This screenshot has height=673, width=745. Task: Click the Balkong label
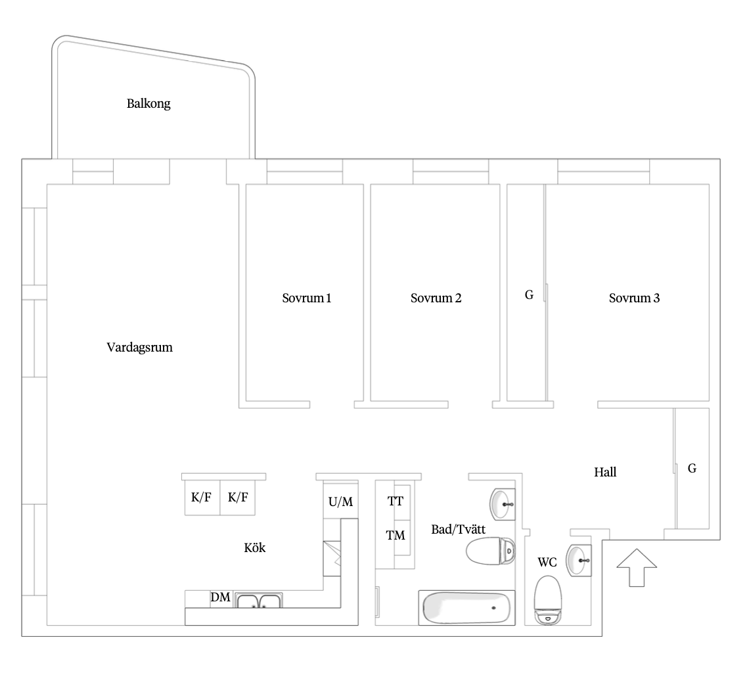pos(148,104)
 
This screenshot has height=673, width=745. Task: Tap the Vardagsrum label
pos(140,348)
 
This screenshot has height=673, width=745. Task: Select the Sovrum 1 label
pos(306,298)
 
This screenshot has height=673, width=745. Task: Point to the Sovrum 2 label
pos(436,298)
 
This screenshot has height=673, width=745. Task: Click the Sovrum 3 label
pos(634,298)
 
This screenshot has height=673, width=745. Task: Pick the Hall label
pos(605,472)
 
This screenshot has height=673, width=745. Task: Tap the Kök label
pos(255,547)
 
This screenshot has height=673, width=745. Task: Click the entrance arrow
pos(637,567)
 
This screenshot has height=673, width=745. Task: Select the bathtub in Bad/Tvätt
pos(467,608)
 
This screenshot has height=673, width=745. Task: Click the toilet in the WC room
pos(548,600)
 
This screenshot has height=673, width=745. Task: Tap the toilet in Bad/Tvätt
pos(490,551)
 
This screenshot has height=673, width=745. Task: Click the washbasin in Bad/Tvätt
pos(502,504)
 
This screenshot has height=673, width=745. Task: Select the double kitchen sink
pos(259,600)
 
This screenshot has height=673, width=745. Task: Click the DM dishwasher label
pos(221,597)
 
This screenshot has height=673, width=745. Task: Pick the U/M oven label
pos(341,501)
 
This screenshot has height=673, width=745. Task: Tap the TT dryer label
pos(395,501)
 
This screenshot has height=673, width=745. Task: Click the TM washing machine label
pos(395,536)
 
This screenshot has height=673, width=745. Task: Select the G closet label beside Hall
pos(692,469)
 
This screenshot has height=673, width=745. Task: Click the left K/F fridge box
pos(202,498)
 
